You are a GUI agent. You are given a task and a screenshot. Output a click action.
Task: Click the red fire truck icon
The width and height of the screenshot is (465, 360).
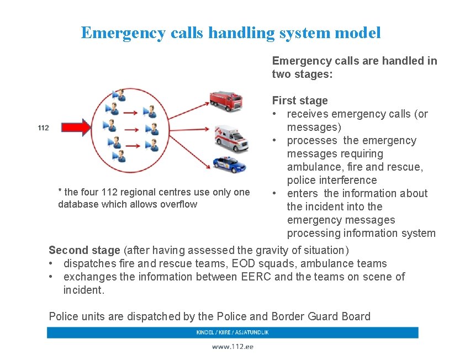click(x=226, y=100)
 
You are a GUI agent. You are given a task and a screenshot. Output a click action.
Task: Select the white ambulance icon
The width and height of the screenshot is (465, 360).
click(x=231, y=138)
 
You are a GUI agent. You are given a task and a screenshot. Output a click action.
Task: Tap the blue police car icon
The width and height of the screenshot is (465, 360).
click(x=229, y=163)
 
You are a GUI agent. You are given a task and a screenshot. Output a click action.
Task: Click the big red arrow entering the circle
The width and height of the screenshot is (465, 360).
click(x=75, y=128)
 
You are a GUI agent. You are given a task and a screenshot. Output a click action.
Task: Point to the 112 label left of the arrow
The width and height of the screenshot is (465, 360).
click(x=43, y=128)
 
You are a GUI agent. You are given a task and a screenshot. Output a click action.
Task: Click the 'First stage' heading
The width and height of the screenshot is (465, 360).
click(x=300, y=100)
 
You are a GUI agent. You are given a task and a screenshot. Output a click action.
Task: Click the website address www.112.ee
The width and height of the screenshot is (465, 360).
click(x=232, y=347)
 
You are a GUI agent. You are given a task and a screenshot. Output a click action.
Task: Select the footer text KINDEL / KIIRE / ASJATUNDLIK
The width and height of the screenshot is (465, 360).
click(x=232, y=332)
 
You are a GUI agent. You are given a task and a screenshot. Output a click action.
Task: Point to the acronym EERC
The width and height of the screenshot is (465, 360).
click(x=256, y=277)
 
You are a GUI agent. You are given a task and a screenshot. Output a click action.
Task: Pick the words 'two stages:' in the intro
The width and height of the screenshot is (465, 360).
click(x=302, y=74)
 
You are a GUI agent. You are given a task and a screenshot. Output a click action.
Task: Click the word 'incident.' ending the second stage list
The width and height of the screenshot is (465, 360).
click(x=83, y=290)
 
